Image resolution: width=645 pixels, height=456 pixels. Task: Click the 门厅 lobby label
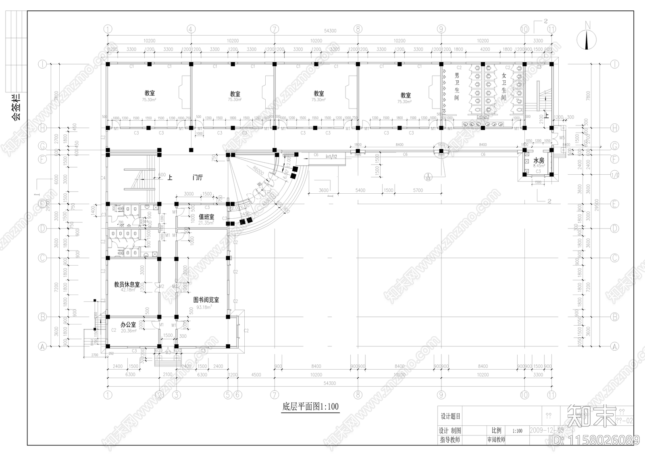click(x=198, y=178)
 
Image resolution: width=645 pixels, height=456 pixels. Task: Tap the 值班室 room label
click(x=206, y=217)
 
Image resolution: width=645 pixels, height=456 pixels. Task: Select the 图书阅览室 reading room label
click(x=206, y=300)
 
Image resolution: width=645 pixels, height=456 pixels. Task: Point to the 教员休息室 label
click(x=127, y=284)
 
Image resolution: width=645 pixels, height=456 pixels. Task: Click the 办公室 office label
click(x=128, y=324)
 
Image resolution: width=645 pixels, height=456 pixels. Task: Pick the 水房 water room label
click(x=539, y=161)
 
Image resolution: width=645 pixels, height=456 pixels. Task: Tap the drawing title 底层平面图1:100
click(x=310, y=406)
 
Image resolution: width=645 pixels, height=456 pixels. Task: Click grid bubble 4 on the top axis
click(x=191, y=29)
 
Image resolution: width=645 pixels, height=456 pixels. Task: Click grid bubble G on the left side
click(x=42, y=145)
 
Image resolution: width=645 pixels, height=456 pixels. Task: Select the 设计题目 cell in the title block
click(x=450, y=416)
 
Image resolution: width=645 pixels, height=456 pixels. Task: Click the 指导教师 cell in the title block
click(x=450, y=439)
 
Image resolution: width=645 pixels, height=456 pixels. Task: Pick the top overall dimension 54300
click(x=329, y=31)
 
